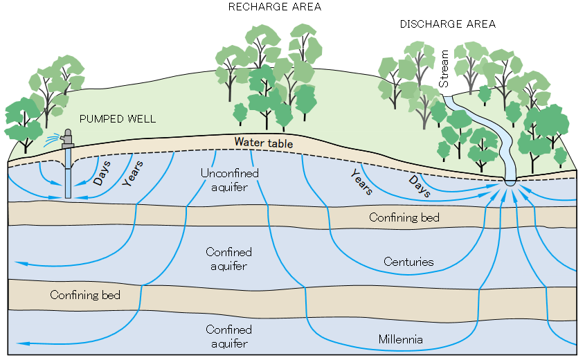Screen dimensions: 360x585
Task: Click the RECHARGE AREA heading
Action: [x=265, y=7]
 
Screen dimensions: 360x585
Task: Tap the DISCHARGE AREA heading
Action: [x=448, y=24]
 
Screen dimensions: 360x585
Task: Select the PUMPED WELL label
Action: [x=118, y=119]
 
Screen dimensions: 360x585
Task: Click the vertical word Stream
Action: [x=444, y=69]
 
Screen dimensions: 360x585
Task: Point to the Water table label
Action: [x=263, y=143]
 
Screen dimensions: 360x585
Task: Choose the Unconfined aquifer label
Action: [x=229, y=180]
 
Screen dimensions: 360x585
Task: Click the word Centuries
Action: [x=408, y=262]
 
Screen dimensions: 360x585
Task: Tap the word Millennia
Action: [x=401, y=339]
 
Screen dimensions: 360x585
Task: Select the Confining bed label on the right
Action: [x=404, y=217]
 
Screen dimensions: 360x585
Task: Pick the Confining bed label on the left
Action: [x=85, y=295]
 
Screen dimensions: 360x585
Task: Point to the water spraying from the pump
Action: [x=51, y=141]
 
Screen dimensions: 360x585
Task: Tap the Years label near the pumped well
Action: [x=134, y=173]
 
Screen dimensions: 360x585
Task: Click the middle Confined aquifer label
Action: [x=228, y=259]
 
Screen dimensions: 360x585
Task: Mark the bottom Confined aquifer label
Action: [x=228, y=336]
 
